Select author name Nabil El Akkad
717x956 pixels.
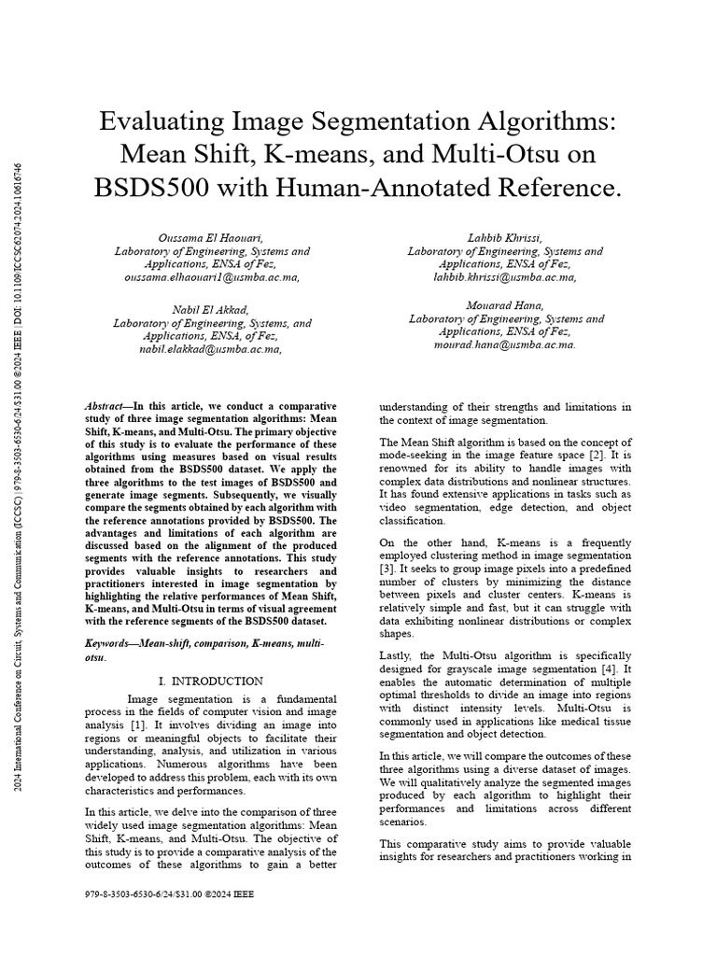[212, 310]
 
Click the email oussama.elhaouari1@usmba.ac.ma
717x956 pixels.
[212, 278]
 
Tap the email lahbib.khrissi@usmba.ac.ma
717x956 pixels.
[505, 278]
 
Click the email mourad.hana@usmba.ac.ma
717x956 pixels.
[505, 344]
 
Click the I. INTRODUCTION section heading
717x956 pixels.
[211, 682]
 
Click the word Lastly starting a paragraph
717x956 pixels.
[395, 656]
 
